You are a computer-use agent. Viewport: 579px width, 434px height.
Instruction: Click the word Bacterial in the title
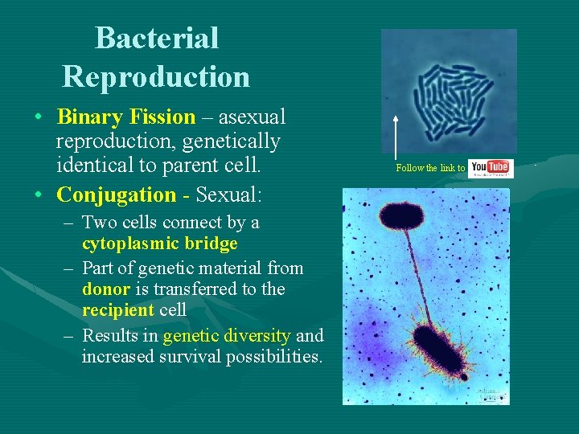(156, 38)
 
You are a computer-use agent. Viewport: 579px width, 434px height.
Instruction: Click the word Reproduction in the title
(156, 76)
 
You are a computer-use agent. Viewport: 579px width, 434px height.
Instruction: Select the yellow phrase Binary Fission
(125, 117)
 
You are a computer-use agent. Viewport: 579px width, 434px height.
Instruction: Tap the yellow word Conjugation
(116, 194)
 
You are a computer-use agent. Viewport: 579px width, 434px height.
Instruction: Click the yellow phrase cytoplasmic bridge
(159, 244)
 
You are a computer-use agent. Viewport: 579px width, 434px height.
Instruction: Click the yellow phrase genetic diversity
(226, 335)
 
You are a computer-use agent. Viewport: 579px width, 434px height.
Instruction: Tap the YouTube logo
(489, 168)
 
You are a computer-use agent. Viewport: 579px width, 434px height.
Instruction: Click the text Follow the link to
(430, 168)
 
